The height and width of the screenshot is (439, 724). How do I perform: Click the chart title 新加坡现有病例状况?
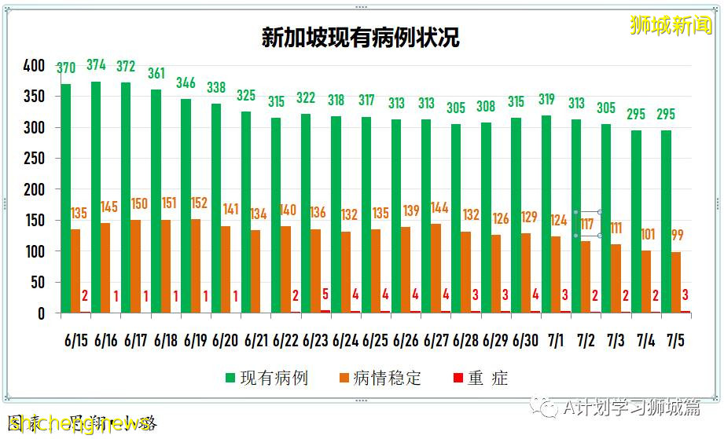(360, 38)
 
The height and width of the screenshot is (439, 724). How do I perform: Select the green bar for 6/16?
(96, 196)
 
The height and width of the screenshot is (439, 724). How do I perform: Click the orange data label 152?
(199, 203)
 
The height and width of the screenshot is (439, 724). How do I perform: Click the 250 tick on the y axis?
(34, 159)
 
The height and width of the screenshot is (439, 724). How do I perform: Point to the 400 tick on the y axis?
(34, 66)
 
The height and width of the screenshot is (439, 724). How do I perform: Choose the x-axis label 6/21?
(256, 341)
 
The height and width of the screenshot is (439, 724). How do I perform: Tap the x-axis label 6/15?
(76, 341)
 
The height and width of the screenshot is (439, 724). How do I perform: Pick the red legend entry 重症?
(479, 379)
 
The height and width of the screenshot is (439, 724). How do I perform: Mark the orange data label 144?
(439, 208)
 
